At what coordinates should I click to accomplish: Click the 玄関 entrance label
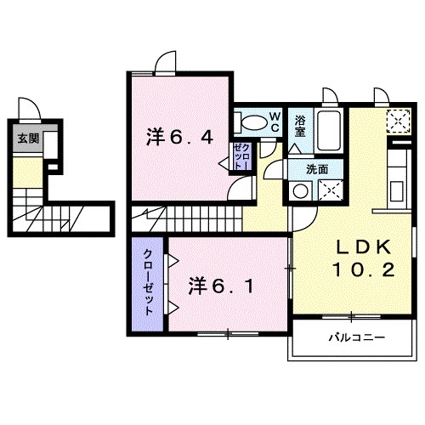pos(27,139)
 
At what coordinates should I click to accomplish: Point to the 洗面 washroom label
pos(317,169)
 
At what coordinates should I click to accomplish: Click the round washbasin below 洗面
pos(299,190)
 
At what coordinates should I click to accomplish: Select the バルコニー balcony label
pos(356,337)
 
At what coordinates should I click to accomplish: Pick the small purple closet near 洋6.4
pos(241,158)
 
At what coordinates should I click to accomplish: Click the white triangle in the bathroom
pos(295,148)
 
